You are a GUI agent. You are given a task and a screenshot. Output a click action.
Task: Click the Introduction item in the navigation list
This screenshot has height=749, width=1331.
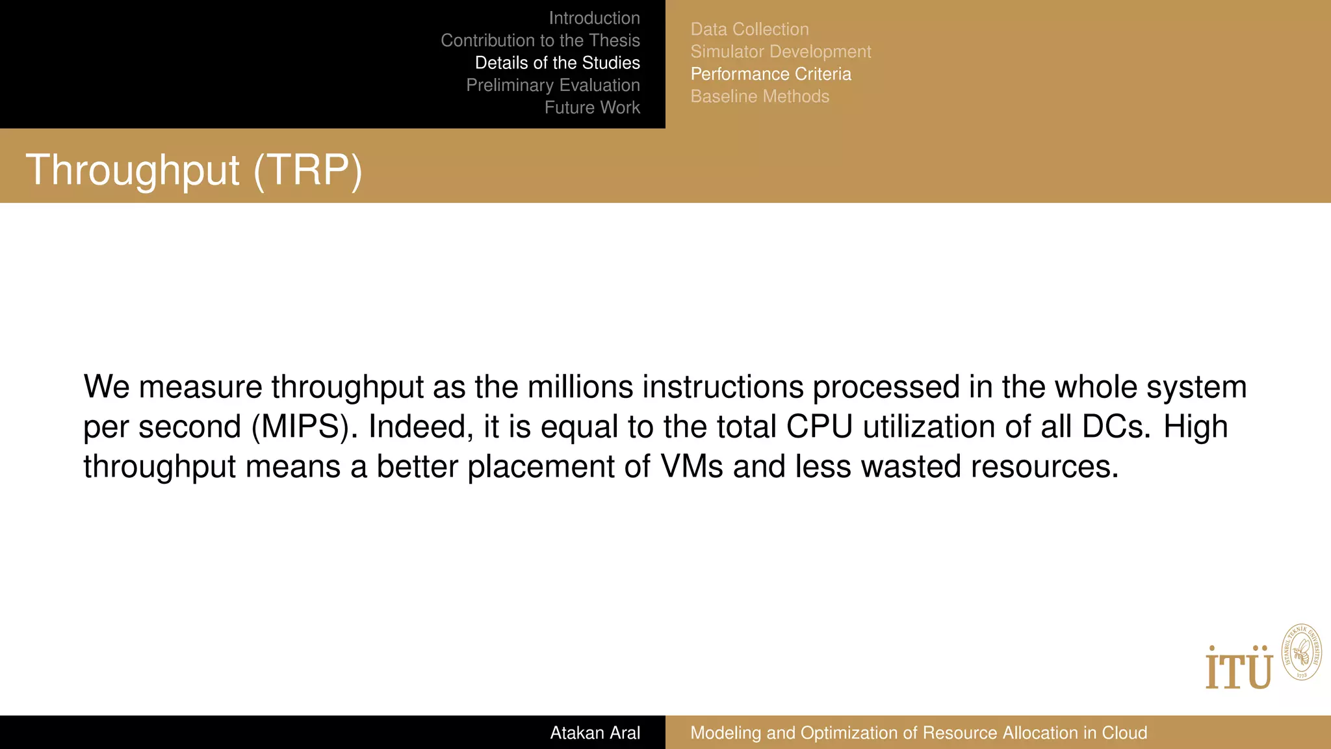point(594,18)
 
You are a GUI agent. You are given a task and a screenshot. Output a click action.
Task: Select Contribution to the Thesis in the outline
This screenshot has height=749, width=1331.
point(540,40)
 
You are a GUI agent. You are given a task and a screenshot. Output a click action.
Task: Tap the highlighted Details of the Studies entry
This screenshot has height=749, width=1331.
point(557,62)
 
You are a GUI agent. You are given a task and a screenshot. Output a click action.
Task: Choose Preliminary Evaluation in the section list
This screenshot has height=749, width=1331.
point(552,85)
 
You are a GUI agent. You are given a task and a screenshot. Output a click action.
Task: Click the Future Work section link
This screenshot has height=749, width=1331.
point(591,107)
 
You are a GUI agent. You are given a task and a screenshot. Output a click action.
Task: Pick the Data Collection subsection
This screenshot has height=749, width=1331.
point(749,29)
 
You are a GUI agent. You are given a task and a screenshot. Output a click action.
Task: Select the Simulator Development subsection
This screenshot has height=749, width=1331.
point(781,51)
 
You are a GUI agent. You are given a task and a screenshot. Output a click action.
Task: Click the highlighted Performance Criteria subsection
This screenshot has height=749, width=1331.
point(770,74)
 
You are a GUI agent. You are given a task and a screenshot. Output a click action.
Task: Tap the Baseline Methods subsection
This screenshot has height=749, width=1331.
point(760,96)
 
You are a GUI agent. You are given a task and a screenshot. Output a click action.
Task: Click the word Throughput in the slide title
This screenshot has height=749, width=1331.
point(133,170)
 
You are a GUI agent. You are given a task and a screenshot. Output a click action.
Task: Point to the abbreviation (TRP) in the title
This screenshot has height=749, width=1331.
point(307,170)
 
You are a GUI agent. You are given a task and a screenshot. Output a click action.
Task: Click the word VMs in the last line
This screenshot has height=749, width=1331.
point(691,467)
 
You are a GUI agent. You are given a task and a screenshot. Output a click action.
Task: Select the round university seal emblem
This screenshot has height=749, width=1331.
point(1301,652)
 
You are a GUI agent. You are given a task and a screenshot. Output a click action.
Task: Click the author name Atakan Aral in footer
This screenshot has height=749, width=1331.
point(595,733)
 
